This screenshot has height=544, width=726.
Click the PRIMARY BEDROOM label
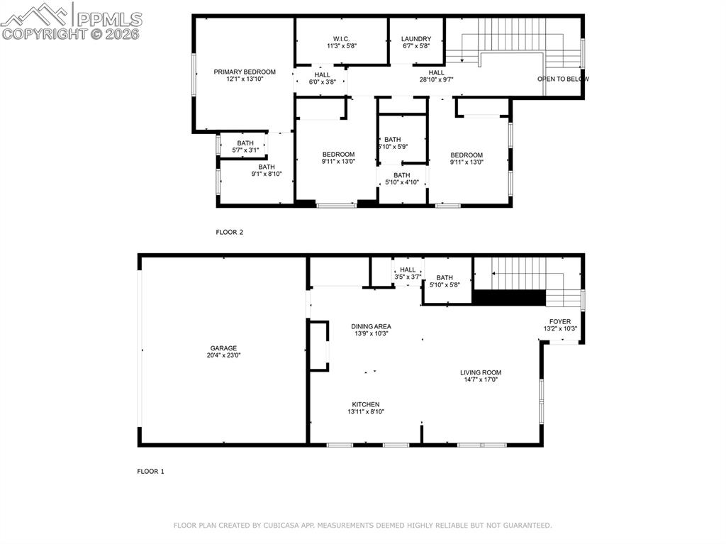click(245, 72)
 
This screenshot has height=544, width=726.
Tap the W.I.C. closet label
click(342, 38)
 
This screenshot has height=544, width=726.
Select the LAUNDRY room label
click(415, 38)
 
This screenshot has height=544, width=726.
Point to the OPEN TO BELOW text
click(563, 79)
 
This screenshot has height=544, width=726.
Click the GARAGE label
click(223, 348)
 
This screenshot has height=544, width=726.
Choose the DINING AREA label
click(371, 326)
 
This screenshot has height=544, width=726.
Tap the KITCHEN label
click(366, 404)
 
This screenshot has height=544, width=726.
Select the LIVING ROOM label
click(481, 372)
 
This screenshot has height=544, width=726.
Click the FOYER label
click(560, 321)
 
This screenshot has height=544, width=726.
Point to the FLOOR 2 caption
click(229, 232)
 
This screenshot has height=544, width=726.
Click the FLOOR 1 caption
click(150, 471)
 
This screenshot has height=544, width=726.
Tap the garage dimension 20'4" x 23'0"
click(223, 356)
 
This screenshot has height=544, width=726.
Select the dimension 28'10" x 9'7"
click(437, 79)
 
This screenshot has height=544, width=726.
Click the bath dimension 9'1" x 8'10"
click(267, 174)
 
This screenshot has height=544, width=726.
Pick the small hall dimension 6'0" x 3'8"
click(322, 82)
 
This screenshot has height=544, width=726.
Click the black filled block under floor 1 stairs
click(509, 298)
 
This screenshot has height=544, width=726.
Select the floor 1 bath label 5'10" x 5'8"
click(445, 285)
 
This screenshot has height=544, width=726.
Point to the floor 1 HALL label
click(408, 270)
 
